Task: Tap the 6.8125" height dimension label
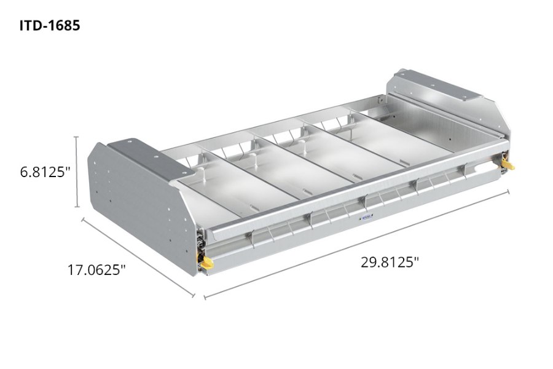tap(42, 172)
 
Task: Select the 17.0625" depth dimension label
tap(97, 269)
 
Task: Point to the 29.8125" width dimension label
tap(390, 262)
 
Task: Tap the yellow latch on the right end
tap(508, 164)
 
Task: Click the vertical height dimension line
tap(77, 172)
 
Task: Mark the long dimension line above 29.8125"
tap(356, 244)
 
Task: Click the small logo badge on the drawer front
tap(366, 216)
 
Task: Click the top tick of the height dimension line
tap(77, 137)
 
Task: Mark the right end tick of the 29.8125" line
tap(508, 192)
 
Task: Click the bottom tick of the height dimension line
tap(77, 208)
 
